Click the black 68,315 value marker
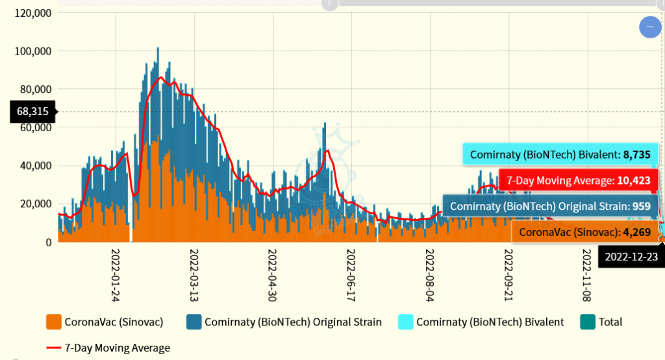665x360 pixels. click(33, 112)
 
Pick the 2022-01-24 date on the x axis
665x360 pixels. click(116, 275)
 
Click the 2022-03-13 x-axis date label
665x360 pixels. click(194, 275)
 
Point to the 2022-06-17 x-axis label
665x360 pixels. click(351, 275)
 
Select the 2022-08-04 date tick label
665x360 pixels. click(430, 275)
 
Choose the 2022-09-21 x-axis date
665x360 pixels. click(508, 275)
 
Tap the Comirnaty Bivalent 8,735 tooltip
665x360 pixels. click(560, 155)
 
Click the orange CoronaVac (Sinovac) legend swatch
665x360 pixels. click(53, 322)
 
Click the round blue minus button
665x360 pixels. click(650, 27)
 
